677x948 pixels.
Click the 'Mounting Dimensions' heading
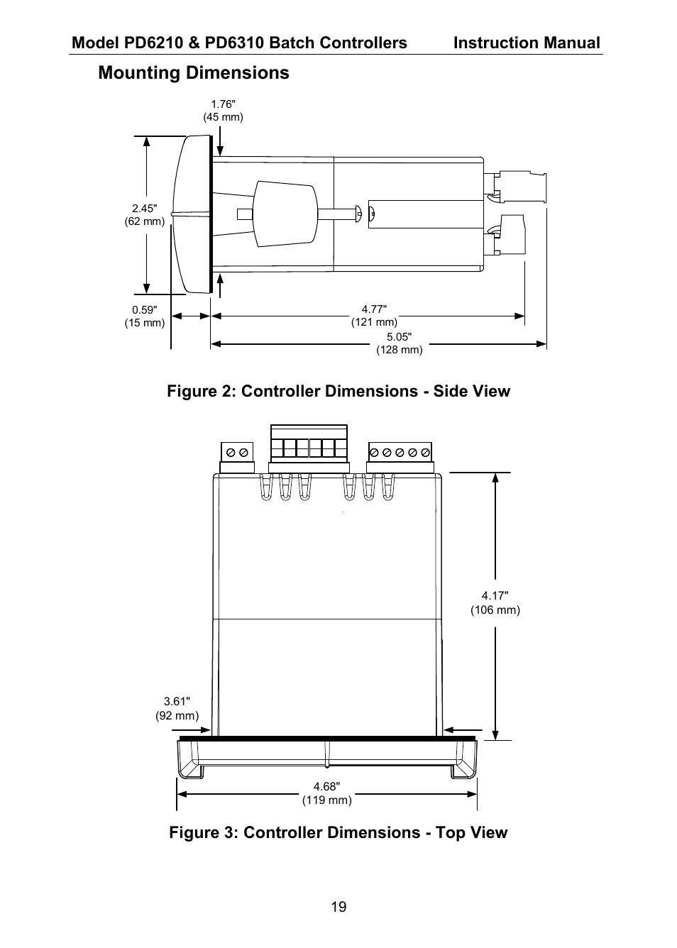pyautogui.click(x=194, y=73)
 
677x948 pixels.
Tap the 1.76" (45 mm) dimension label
pyautogui.click(x=223, y=111)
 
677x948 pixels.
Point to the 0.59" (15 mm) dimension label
pyautogui.click(x=144, y=316)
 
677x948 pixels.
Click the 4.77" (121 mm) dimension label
pyautogui.click(x=374, y=316)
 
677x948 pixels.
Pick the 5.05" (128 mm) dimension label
pyautogui.click(x=399, y=343)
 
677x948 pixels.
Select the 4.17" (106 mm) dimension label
pyautogui.click(x=495, y=603)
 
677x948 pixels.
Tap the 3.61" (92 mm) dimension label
pyautogui.click(x=177, y=709)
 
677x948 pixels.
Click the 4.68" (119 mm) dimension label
pyautogui.click(x=326, y=793)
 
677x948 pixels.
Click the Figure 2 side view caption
pyautogui.click(x=338, y=392)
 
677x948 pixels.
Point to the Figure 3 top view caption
pyautogui.click(x=338, y=833)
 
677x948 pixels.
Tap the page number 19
pyautogui.click(x=338, y=907)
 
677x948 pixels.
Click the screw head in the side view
pyautogui.click(x=359, y=212)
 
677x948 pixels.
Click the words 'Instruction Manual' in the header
pyautogui.click(x=527, y=43)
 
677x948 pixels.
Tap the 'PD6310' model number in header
pyautogui.click(x=232, y=43)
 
